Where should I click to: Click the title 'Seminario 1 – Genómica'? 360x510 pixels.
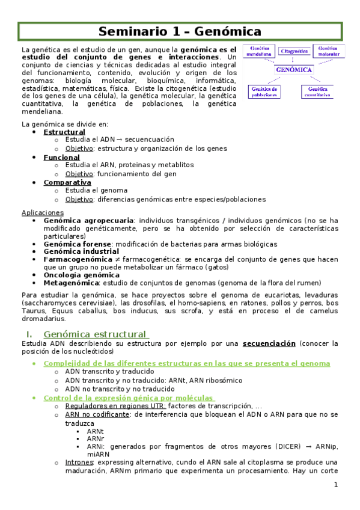pos(180,31)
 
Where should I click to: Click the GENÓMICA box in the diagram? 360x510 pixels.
pos(294,70)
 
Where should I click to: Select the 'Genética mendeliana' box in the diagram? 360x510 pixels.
pos(259,51)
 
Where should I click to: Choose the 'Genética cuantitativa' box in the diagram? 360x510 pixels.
pos(317,91)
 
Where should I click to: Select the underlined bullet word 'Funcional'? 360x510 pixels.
pos(61,157)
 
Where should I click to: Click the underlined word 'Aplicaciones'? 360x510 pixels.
pos(42,212)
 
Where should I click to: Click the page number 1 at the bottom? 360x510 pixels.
pos(337,484)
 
